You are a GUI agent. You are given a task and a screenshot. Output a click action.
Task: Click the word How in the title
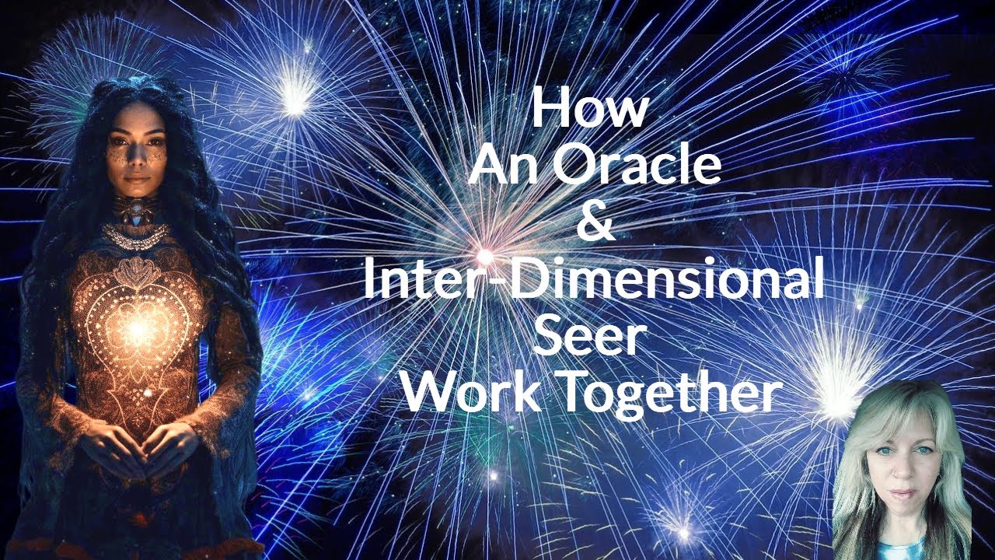click(588, 109)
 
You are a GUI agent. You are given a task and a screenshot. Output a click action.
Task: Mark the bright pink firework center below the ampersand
click(485, 254)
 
